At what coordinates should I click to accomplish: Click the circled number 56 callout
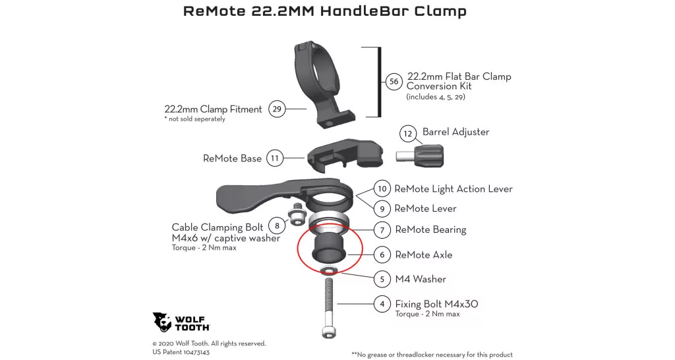(x=394, y=81)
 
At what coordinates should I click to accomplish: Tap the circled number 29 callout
(x=277, y=109)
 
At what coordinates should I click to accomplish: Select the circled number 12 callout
(x=407, y=133)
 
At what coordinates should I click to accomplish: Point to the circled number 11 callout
(x=275, y=158)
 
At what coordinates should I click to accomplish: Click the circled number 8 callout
(x=277, y=225)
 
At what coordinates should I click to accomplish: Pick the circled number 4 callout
(x=382, y=304)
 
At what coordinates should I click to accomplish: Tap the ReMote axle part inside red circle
(x=330, y=249)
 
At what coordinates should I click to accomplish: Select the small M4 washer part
(x=329, y=270)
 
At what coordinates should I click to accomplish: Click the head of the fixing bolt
(x=328, y=331)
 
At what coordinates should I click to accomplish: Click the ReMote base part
(x=345, y=156)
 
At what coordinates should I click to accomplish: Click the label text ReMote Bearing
(x=430, y=230)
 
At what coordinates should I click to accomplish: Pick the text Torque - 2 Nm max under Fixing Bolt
(x=427, y=315)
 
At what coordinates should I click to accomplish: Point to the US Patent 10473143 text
(x=181, y=352)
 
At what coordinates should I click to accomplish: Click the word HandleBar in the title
(x=364, y=11)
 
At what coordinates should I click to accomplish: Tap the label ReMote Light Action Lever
(x=454, y=189)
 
